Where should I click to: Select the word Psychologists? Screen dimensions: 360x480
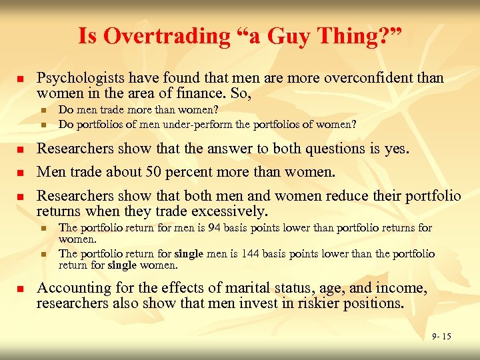tap(77, 78)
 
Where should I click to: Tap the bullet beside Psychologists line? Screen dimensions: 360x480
tap(20, 79)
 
